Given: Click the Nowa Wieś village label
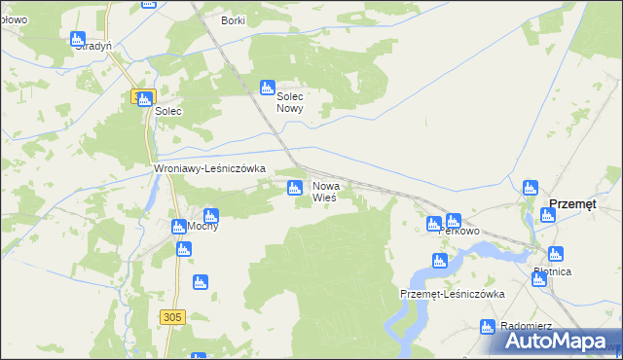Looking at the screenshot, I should coord(324,191).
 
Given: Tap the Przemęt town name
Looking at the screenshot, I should coord(574,203).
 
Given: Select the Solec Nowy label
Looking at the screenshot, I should coord(291,103).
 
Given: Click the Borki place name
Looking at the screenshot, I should coord(233,20).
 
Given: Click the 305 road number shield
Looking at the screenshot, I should coord(173,316).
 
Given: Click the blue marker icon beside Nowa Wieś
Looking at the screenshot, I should coord(294,186).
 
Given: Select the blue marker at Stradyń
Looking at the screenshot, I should coord(78,39).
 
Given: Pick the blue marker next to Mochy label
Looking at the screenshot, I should coord(179,227).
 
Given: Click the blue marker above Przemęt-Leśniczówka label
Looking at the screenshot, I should coord(439,260).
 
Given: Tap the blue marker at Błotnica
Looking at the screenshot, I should coord(538,279).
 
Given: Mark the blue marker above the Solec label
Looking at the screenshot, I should coord(145,98).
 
